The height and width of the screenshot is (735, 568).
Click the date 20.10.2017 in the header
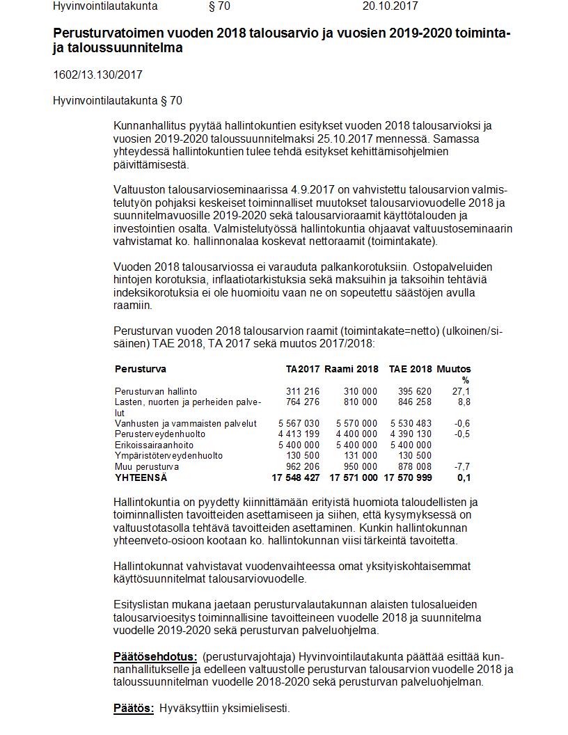point(390,6)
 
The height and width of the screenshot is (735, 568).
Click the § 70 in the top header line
point(219,6)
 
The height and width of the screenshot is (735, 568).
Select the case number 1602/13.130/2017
point(97,74)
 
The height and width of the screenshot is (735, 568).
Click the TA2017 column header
point(303,369)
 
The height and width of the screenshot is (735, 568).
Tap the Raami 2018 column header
point(352,369)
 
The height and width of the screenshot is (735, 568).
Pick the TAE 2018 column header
point(410,369)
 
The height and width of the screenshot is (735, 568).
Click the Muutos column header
point(453,369)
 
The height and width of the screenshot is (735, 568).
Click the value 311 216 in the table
point(303,392)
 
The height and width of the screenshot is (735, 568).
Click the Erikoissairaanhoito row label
point(154,445)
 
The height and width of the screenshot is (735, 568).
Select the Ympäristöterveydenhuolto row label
point(168,455)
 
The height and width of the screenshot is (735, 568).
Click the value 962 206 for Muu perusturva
point(303,466)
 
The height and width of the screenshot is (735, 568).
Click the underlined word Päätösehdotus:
point(155,657)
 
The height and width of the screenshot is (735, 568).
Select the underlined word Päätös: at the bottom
point(134,709)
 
